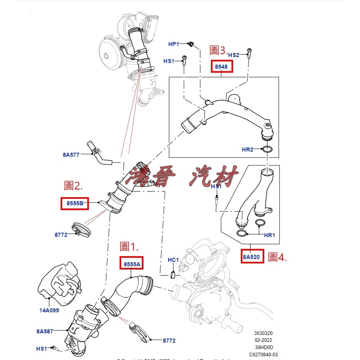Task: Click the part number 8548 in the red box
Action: click(222, 66)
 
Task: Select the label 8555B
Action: click(74, 204)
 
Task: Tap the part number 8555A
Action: click(132, 264)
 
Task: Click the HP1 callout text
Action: click(174, 44)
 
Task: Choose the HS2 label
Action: click(234, 55)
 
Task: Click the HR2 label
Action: click(247, 149)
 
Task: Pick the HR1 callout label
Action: click(269, 235)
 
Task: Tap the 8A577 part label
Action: click(71, 154)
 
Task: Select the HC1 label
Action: click(173, 260)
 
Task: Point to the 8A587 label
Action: click(45, 331)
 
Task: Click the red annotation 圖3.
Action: click(218, 51)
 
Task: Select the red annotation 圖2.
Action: click(73, 186)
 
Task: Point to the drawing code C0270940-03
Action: click(263, 355)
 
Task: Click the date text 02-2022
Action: click(263, 340)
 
